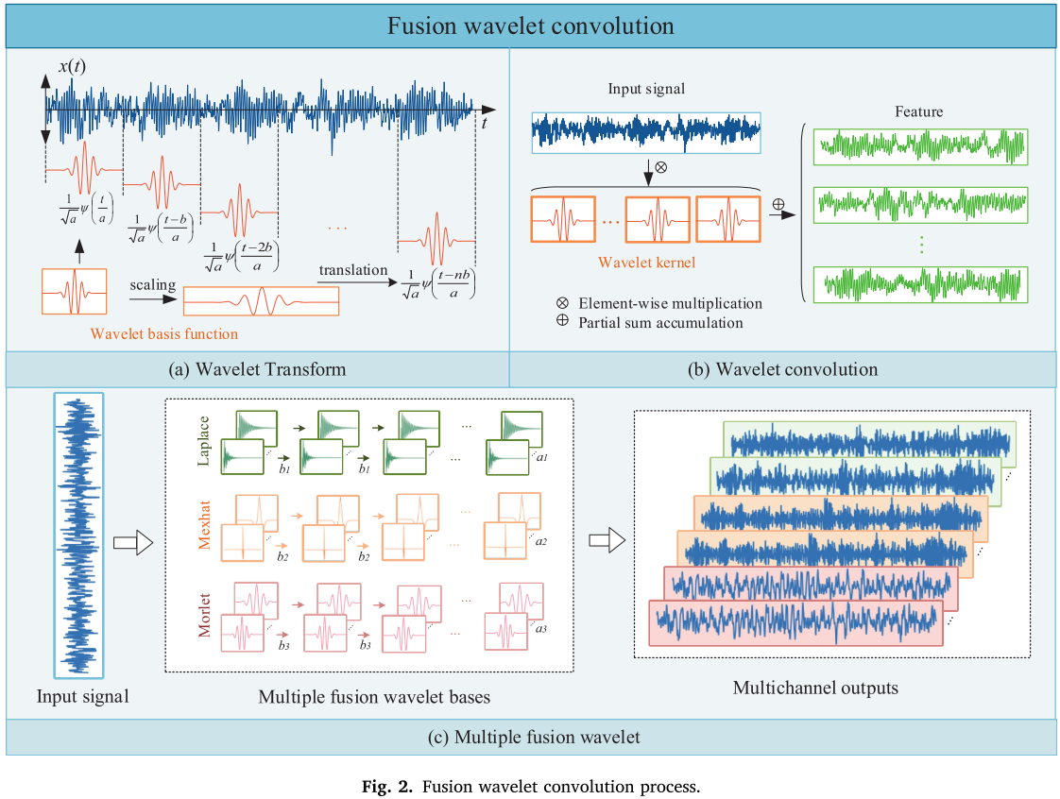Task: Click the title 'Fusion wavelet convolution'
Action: click(x=531, y=25)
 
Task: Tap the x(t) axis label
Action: click(x=72, y=66)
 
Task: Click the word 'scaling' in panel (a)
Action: click(x=153, y=285)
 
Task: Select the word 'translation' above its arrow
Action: click(x=353, y=270)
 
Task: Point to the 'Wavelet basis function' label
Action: click(x=164, y=334)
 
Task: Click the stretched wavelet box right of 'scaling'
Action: click(x=261, y=301)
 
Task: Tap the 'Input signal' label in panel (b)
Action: click(x=646, y=89)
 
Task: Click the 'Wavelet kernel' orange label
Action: click(x=646, y=263)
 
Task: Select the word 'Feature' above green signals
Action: click(x=918, y=111)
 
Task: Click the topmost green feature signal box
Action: click(x=921, y=146)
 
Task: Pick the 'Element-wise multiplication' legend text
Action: click(x=670, y=303)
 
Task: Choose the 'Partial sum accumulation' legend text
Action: click(x=660, y=322)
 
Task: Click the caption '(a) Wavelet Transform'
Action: click(x=257, y=369)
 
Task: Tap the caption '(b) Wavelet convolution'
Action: click(x=782, y=369)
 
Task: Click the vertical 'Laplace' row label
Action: click(x=203, y=441)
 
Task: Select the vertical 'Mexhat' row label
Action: click(x=203, y=524)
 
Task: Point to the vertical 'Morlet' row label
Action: click(x=203, y=615)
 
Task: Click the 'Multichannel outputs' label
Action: click(x=815, y=688)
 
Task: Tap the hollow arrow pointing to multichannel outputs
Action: click(x=607, y=540)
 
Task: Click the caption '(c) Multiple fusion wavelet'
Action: click(x=534, y=737)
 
